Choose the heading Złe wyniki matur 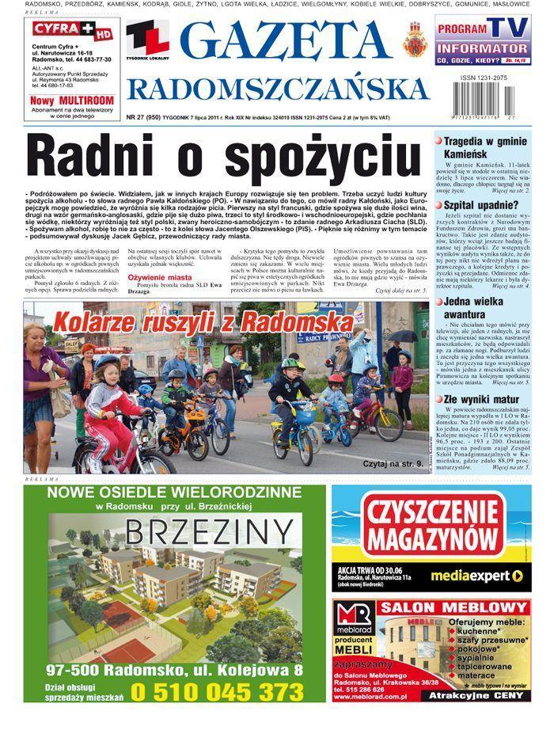481,399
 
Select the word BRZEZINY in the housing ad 175,529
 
